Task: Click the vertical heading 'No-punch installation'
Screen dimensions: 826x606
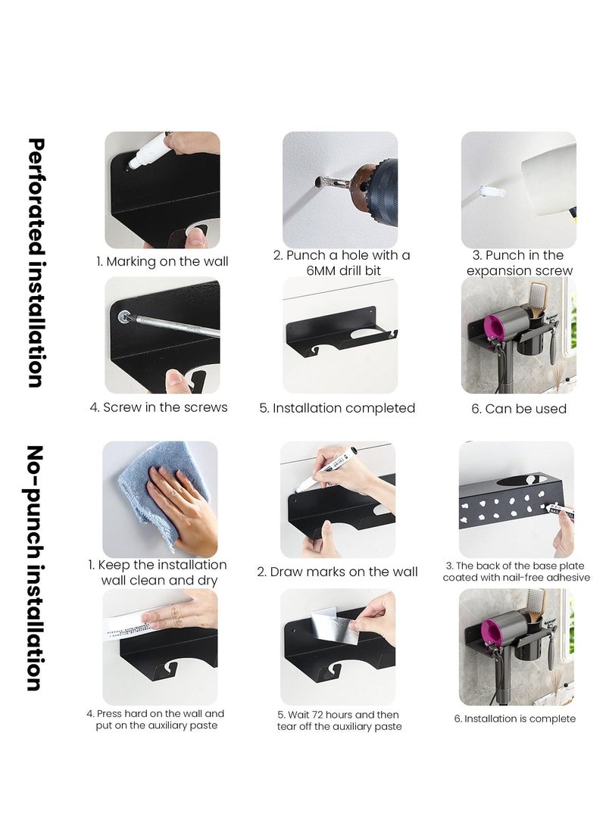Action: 35,567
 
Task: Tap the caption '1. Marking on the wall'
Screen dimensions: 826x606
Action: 162,262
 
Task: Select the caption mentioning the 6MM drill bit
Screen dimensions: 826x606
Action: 342,263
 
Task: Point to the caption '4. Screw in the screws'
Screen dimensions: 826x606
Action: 158,407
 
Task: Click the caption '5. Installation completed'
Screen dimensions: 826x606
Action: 337,408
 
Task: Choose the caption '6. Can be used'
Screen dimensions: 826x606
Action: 519,409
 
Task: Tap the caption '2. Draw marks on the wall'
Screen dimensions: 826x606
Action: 337,572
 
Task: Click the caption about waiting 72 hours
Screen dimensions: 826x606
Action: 338,720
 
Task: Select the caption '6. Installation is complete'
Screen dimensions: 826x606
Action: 515,718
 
